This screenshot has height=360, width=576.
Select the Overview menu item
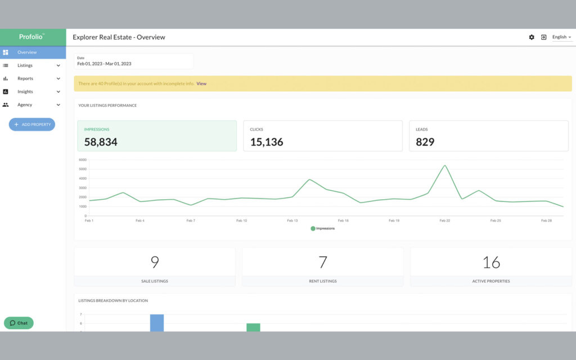click(x=26, y=52)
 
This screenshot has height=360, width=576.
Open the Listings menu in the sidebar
click(x=25, y=65)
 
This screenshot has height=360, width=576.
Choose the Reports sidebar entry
click(x=25, y=79)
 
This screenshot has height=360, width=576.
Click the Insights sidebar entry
click(x=25, y=92)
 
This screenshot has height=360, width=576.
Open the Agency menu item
click(x=25, y=105)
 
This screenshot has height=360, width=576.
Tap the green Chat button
click(x=19, y=323)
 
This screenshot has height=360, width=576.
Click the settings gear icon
click(x=532, y=37)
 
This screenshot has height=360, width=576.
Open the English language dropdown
click(x=561, y=37)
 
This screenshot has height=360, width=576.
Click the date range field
click(x=133, y=61)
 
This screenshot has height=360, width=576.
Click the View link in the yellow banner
click(x=201, y=84)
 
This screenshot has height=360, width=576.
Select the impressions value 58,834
click(x=101, y=142)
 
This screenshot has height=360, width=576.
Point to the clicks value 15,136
click(x=266, y=142)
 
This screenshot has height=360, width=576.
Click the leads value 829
click(x=425, y=142)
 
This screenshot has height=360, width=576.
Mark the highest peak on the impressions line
click(x=444, y=165)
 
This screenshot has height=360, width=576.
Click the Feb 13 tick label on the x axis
click(x=292, y=221)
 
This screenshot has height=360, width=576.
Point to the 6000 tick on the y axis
click(x=82, y=160)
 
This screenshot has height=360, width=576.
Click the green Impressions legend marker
click(x=313, y=228)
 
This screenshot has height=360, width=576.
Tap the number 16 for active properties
click(x=491, y=262)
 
